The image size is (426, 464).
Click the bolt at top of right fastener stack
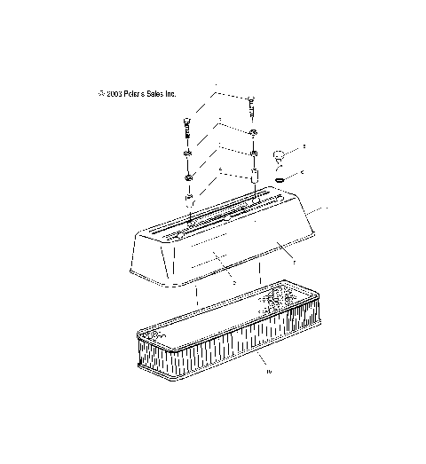(x=252, y=107)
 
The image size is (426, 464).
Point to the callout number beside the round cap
(x=304, y=144)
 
